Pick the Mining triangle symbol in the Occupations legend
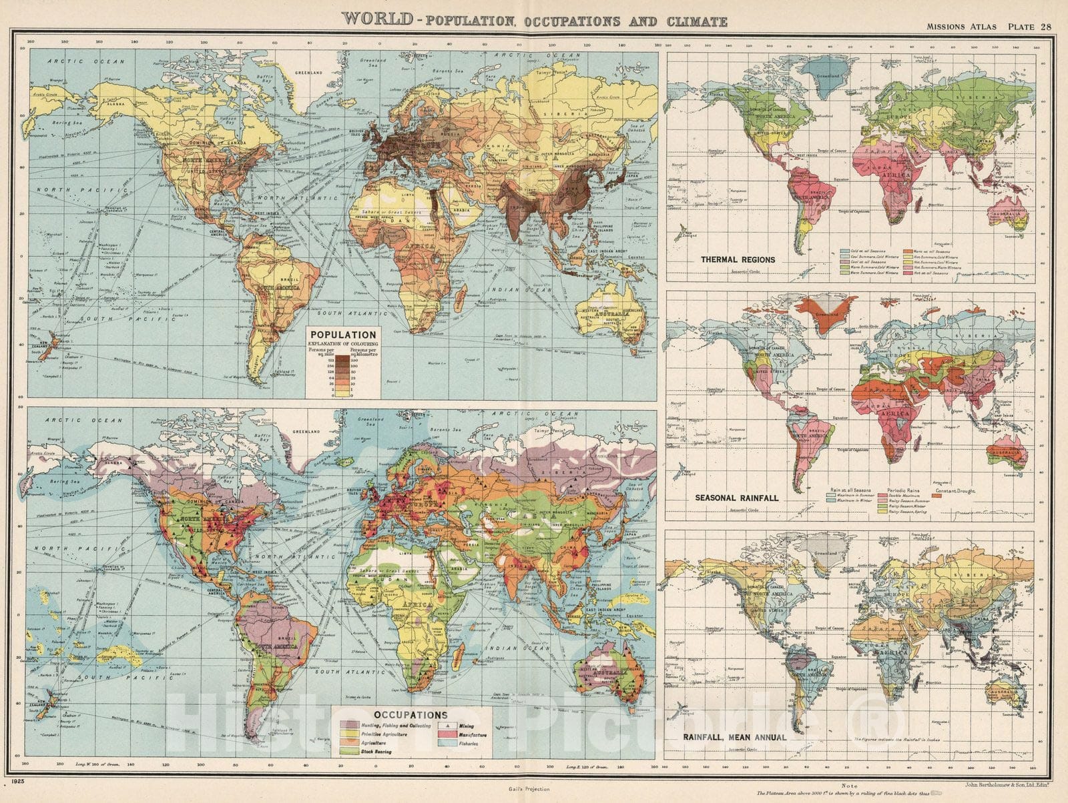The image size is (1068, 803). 445,726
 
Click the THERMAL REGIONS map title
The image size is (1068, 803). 728,259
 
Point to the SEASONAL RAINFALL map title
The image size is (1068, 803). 736,498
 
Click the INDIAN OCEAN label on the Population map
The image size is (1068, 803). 521,289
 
